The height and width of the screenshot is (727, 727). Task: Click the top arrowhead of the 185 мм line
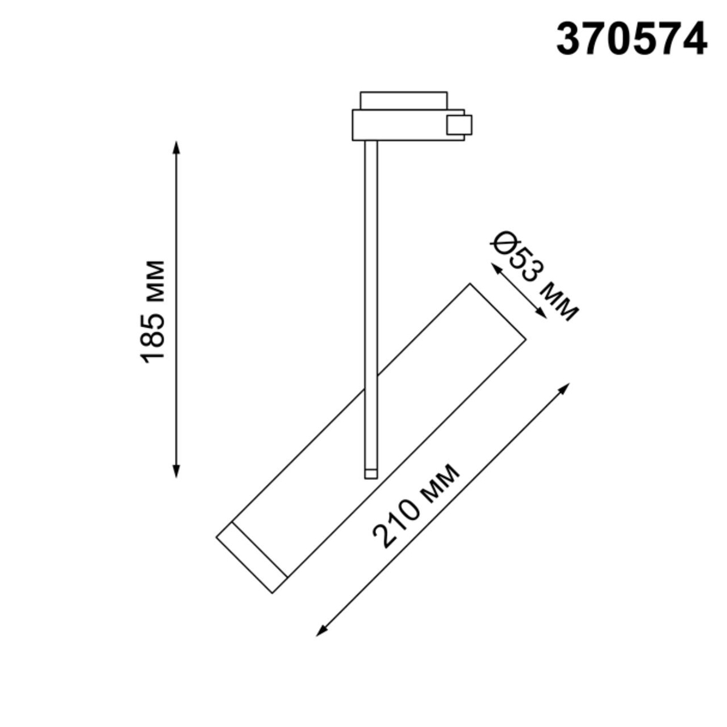coord(176,147)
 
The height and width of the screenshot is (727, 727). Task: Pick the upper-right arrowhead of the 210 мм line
coord(566,387)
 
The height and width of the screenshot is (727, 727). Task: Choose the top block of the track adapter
coord(403,101)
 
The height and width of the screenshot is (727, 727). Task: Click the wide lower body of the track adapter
coord(400,125)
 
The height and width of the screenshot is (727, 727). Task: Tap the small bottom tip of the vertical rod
coord(371,473)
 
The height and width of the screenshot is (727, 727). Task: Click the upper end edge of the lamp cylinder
coord(497,313)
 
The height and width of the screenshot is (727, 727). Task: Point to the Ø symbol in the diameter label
coord(503,244)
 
